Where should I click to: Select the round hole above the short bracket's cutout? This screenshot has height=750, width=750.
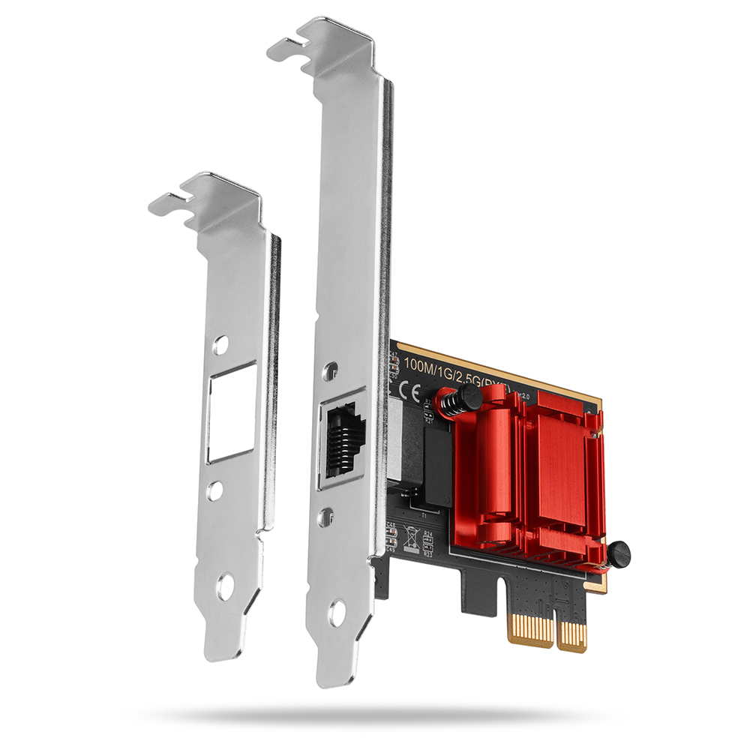220,345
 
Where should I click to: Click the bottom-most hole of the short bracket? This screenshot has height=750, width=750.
224,587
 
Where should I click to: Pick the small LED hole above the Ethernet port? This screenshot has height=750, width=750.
330,370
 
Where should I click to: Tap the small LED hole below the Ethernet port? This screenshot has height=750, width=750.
327,514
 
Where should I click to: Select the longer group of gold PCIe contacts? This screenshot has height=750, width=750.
530,627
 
